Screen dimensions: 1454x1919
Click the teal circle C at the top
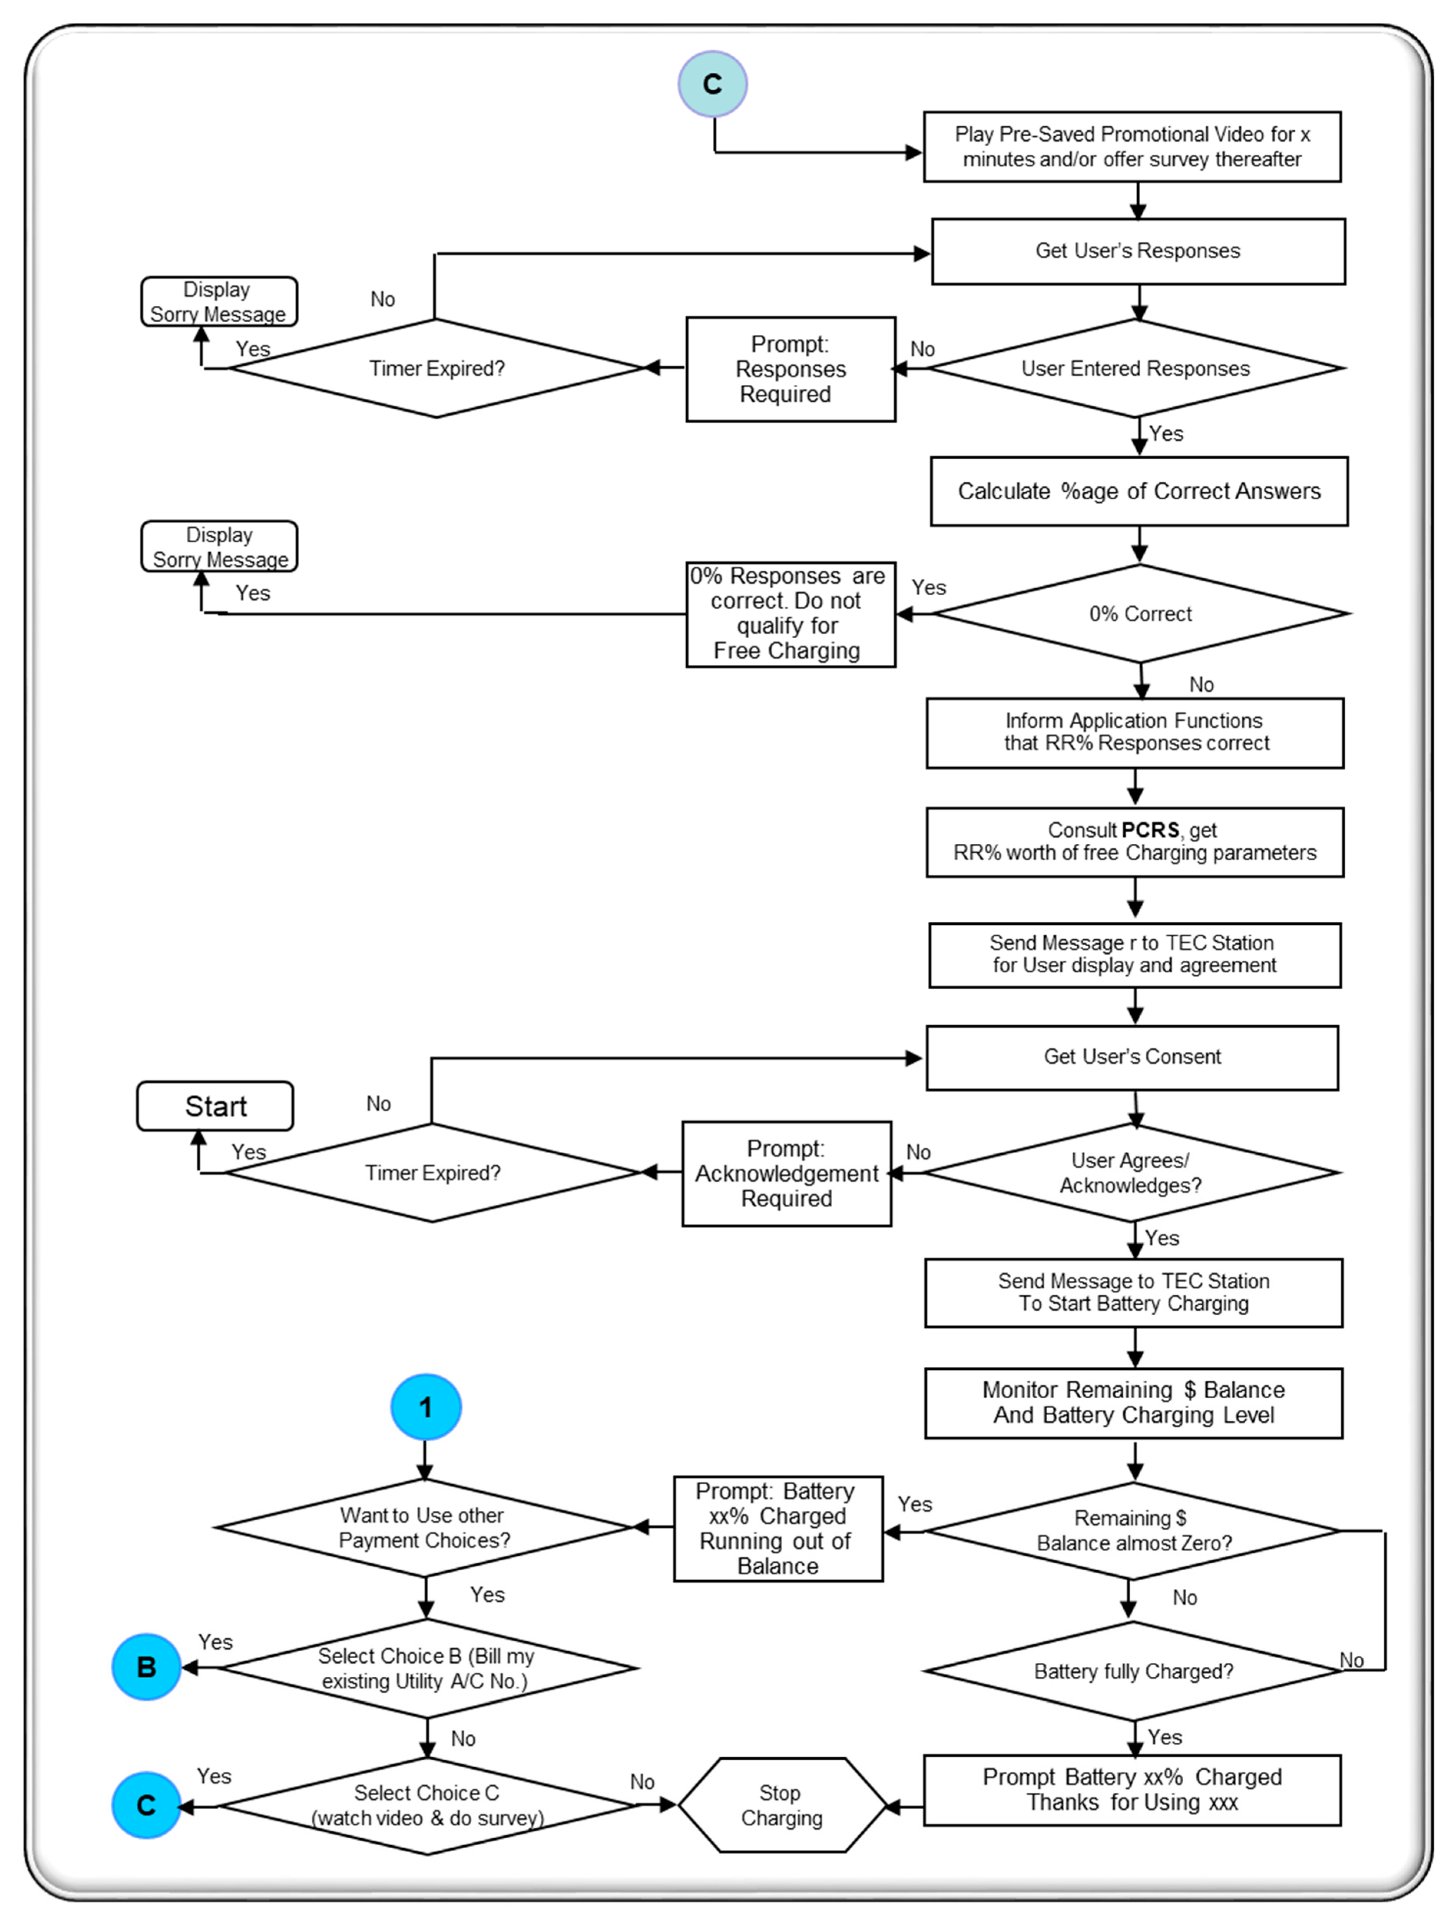tap(712, 84)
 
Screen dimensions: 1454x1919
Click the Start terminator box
tap(215, 1106)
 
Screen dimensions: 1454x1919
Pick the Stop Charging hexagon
tap(782, 1805)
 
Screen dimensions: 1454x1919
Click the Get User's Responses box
tap(1138, 251)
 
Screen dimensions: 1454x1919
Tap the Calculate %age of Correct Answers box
tap(1139, 491)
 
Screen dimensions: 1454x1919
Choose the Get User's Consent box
tap(1132, 1058)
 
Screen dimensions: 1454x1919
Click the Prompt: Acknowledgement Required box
tap(787, 1173)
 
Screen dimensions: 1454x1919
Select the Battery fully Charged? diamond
tap(1133, 1671)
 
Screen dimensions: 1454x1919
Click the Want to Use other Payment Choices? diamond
tap(424, 1527)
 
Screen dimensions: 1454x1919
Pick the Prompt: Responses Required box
tap(790, 369)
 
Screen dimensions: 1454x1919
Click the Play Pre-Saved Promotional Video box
tap(1132, 147)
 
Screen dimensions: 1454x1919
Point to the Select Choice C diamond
tap(427, 1805)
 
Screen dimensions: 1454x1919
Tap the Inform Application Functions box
tap(1135, 732)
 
